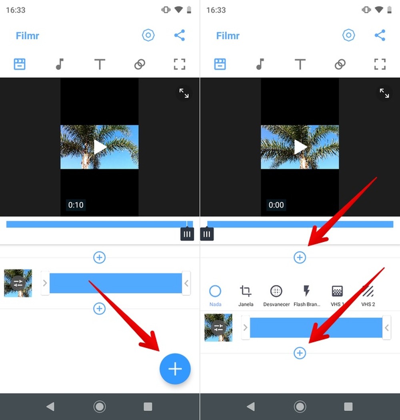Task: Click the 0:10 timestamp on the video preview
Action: coord(76,205)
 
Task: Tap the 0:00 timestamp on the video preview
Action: coord(276,205)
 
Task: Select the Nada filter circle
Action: coord(215,291)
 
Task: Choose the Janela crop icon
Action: coord(246,291)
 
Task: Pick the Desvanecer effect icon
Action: coord(276,291)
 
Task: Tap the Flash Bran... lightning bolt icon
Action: coord(307,291)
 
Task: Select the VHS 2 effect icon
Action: coord(368,291)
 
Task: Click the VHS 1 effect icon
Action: coord(337,291)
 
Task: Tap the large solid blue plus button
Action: coord(175,369)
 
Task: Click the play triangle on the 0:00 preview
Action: coord(300,147)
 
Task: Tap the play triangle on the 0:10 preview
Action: coord(100,147)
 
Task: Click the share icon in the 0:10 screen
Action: coord(180,35)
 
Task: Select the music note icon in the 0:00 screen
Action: coord(260,64)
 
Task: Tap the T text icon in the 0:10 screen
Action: coord(100,64)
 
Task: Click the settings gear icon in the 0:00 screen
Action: coord(349,35)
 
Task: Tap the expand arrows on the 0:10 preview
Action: coord(184,93)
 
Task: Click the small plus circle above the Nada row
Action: coord(300,257)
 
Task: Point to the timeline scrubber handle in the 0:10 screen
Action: coord(187,234)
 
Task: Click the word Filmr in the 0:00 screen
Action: coord(228,36)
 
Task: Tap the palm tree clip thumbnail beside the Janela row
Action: coord(218,328)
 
